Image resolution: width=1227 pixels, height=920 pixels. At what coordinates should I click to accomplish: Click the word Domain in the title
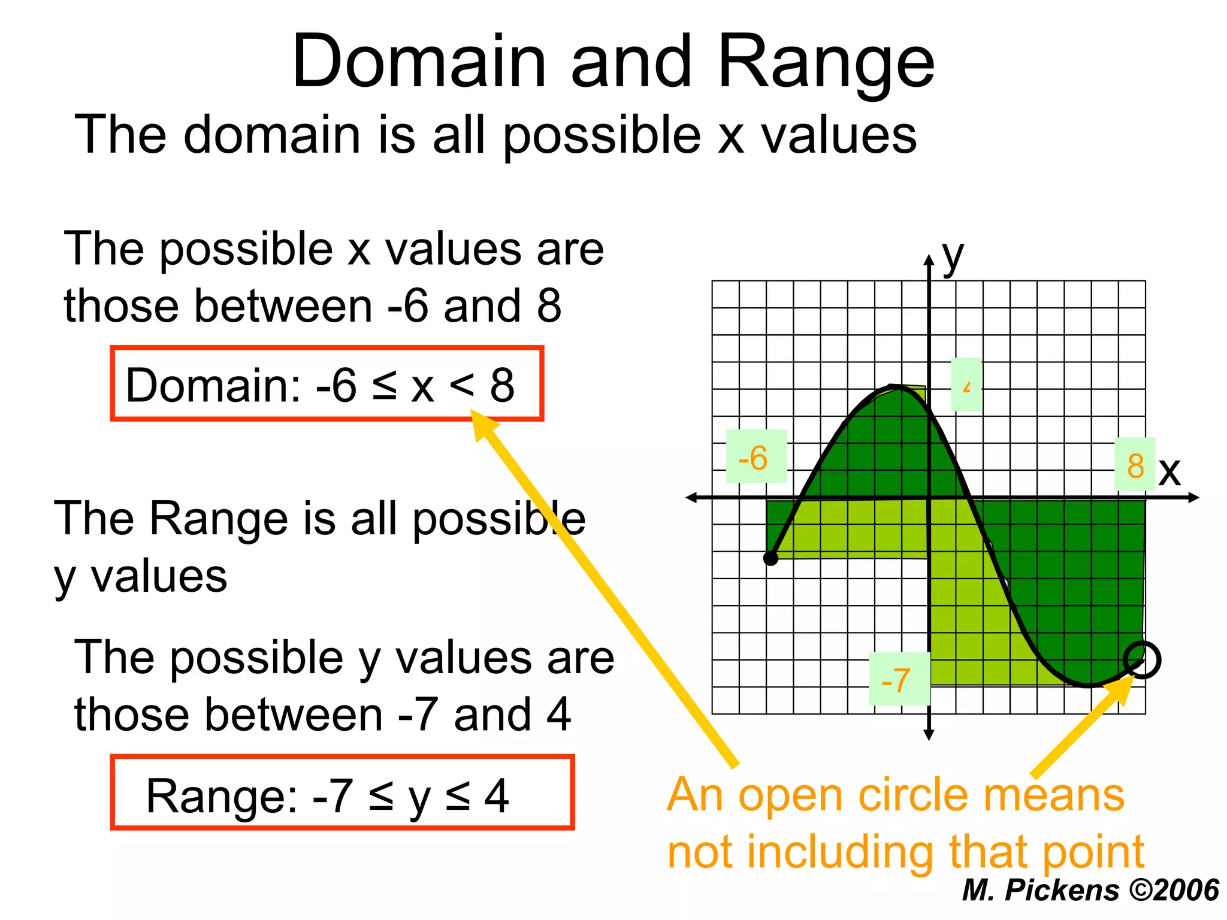click(x=419, y=62)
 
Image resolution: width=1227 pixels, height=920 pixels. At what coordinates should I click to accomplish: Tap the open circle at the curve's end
click(x=1142, y=659)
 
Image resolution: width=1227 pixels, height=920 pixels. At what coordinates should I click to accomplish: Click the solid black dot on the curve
click(x=770, y=558)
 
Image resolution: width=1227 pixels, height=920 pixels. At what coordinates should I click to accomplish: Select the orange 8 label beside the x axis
click(x=1135, y=465)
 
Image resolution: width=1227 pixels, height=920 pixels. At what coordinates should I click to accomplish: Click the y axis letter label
click(x=953, y=256)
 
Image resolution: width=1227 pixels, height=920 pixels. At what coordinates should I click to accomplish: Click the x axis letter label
click(x=1169, y=470)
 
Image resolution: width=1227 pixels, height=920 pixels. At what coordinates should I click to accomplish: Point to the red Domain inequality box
click(x=327, y=383)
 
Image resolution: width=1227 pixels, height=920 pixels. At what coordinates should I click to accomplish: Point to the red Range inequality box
click(x=341, y=792)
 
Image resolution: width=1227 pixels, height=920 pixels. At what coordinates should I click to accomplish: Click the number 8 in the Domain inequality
click(x=502, y=385)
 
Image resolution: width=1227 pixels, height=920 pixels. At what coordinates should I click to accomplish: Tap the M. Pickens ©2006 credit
click(x=1090, y=889)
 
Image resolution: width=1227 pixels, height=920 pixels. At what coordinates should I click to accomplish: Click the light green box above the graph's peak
click(x=966, y=384)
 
